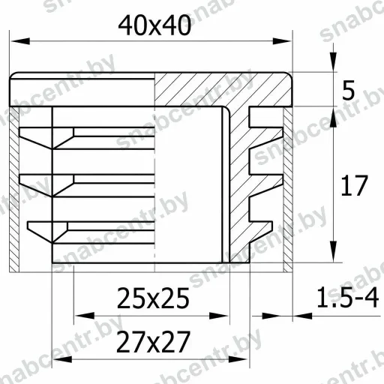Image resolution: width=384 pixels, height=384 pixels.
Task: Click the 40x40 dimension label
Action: [154, 25]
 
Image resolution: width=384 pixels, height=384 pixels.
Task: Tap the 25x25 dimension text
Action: [153, 298]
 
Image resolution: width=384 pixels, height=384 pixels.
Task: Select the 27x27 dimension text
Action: [153, 342]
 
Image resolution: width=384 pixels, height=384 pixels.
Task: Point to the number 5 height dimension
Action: [348, 90]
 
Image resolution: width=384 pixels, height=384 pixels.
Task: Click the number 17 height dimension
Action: [354, 185]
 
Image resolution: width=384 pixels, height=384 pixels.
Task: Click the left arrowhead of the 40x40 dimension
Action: [20, 41]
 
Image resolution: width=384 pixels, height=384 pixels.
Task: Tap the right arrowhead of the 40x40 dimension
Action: [282, 41]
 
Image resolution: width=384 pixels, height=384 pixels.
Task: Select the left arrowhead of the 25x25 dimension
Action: [85, 316]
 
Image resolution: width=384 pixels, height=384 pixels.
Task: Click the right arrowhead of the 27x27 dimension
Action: [238, 359]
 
